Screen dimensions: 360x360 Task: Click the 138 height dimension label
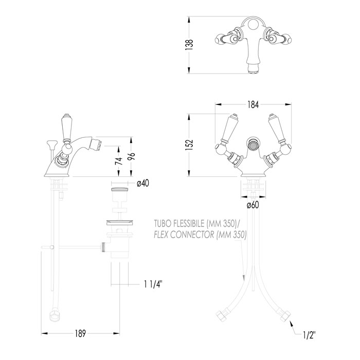point(189,45)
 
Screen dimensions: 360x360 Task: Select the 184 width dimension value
point(253,105)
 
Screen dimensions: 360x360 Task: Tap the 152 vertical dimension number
point(189,145)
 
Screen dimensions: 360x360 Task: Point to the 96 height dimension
point(132,156)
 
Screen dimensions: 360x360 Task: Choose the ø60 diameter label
point(253,205)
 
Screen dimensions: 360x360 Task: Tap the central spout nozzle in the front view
point(253,146)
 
